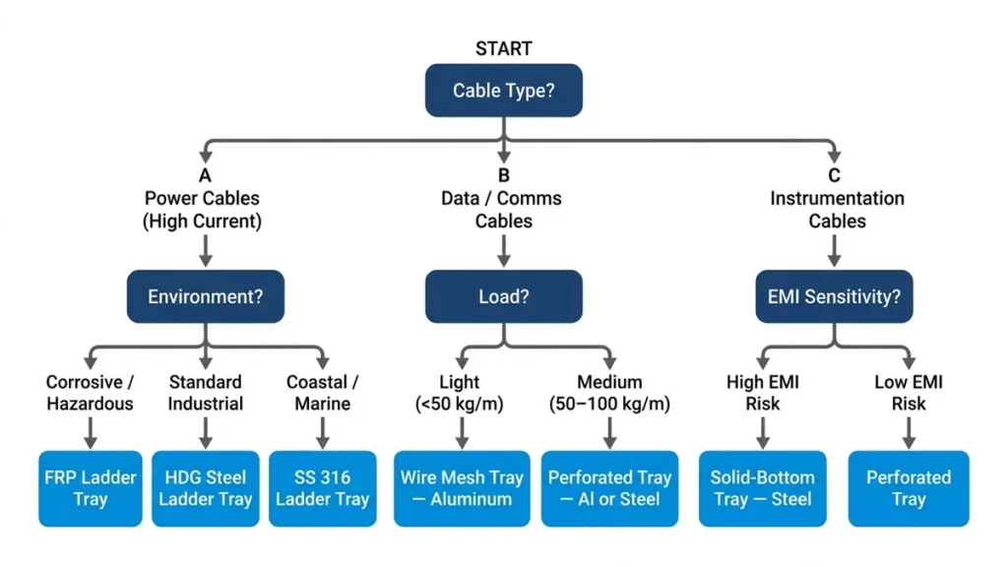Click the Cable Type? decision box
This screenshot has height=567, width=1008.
coord(503,91)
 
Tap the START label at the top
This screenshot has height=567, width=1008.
coord(503,48)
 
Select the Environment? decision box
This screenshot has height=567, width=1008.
coord(205,296)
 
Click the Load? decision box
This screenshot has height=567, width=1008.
coord(503,296)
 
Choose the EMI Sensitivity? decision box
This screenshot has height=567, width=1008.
coord(834,296)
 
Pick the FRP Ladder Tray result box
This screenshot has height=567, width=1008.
coord(90,488)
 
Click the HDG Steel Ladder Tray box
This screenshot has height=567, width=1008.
coord(205,488)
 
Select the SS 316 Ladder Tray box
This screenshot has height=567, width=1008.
coord(322,488)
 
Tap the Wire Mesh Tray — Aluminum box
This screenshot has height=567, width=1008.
coord(462,488)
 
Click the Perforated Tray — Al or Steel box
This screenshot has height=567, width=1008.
coord(609,488)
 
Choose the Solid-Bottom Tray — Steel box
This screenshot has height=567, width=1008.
coord(762,488)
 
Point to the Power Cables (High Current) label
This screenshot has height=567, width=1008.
coord(204,210)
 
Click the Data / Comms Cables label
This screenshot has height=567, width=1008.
coord(503,210)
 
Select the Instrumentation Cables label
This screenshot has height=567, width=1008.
coord(837,210)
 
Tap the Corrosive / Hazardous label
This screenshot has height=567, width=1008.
coord(90,393)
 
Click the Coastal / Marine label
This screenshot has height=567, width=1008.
coord(322,393)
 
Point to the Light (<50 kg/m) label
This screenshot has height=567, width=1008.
coord(460,393)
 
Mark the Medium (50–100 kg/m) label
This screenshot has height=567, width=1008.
coord(609,393)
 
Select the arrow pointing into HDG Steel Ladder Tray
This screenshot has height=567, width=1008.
coord(205,432)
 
